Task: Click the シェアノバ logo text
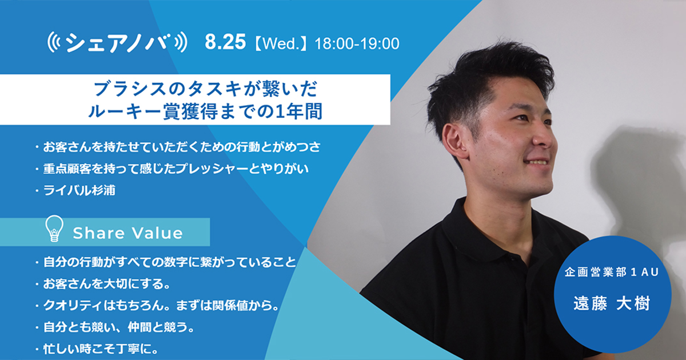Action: [x=118, y=43]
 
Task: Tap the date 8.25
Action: [x=225, y=42]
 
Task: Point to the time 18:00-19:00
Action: [x=357, y=43]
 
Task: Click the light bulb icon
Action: [x=54, y=229]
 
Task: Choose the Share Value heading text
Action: [x=127, y=233]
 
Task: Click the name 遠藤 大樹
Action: [x=612, y=304]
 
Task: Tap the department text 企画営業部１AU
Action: [x=612, y=272]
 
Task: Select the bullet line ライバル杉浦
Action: [x=79, y=190]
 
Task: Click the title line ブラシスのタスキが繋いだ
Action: [x=205, y=89]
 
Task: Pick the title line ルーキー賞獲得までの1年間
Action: [x=205, y=111]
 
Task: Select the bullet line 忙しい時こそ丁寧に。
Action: [x=101, y=349]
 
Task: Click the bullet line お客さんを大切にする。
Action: [x=106, y=284]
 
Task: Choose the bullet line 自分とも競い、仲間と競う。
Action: [x=119, y=327]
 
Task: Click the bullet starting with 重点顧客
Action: [x=176, y=169]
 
